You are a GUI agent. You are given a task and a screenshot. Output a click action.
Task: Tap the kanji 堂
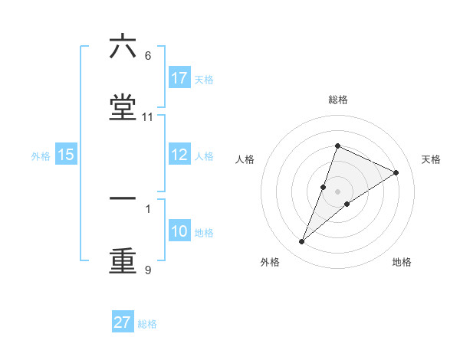point(123,108)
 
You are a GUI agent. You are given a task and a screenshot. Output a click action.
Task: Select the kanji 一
point(123,198)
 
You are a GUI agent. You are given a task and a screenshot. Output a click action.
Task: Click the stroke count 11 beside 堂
point(148,117)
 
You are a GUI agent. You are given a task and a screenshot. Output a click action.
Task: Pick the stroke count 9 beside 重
point(148,270)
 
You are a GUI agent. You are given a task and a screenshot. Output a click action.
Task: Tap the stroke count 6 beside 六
point(148,56)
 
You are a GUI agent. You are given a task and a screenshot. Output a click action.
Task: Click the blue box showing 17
point(179,78)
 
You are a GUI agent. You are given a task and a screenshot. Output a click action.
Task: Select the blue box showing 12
point(179,155)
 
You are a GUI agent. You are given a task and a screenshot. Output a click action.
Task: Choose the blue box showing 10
point(179,232)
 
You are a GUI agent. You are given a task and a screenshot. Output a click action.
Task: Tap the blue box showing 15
point(66,155)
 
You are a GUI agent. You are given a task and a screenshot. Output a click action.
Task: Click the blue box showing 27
point(123,322)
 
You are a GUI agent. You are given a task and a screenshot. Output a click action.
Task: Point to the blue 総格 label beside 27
point(147,324)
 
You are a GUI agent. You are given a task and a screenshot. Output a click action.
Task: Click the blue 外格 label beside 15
point(41,156)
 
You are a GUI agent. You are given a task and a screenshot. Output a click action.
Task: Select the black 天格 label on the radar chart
point(431,159)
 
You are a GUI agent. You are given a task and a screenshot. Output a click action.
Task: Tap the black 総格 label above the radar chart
point(337,100)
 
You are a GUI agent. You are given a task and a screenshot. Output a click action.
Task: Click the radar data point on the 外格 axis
point(302,242)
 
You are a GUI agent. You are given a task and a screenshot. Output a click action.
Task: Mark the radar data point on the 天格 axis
point(396,172)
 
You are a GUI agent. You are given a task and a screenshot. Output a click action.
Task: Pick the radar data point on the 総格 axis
point(337,146)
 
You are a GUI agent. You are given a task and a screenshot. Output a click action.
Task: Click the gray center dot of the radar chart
point(337,191)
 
